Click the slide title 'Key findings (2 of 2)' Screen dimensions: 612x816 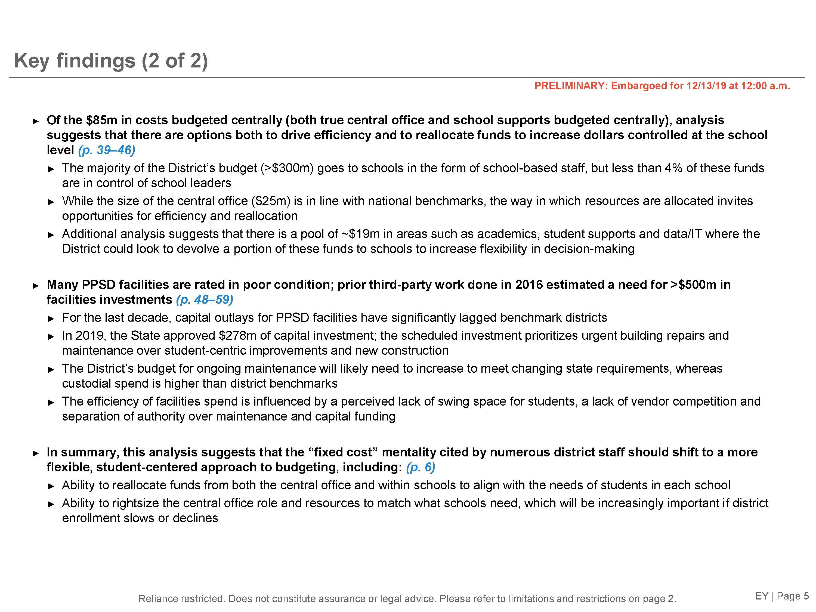click(x=111, y=60)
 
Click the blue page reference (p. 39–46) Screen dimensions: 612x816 click(x=107, y=150)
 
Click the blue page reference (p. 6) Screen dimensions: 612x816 click(x=421, y=467)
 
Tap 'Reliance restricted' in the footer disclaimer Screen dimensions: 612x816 click(x=181, y=599)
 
